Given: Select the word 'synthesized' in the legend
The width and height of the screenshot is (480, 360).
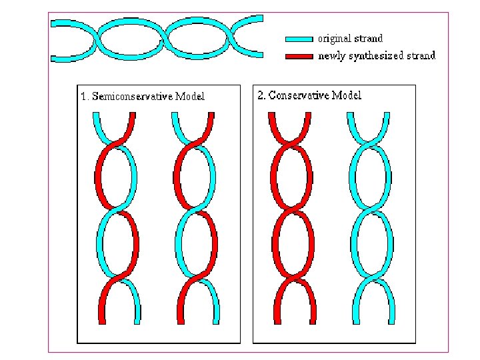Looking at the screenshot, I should pos(375,56).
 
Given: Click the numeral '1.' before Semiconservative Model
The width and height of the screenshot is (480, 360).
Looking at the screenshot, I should pos(85,96).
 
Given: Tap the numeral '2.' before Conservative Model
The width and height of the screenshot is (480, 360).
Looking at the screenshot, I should pos(262,95).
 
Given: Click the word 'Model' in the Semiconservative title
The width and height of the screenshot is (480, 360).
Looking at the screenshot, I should pos(191,96).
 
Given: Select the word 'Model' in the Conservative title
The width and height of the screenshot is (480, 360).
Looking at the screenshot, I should pos(347,95).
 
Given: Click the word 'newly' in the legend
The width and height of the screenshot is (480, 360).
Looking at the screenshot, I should pos(331,56).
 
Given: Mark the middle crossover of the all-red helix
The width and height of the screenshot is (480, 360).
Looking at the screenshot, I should pos(292,211).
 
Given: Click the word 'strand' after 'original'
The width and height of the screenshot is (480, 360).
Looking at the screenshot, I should pos(369,39).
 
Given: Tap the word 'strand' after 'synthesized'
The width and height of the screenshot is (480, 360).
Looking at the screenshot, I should pos(420,56).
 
